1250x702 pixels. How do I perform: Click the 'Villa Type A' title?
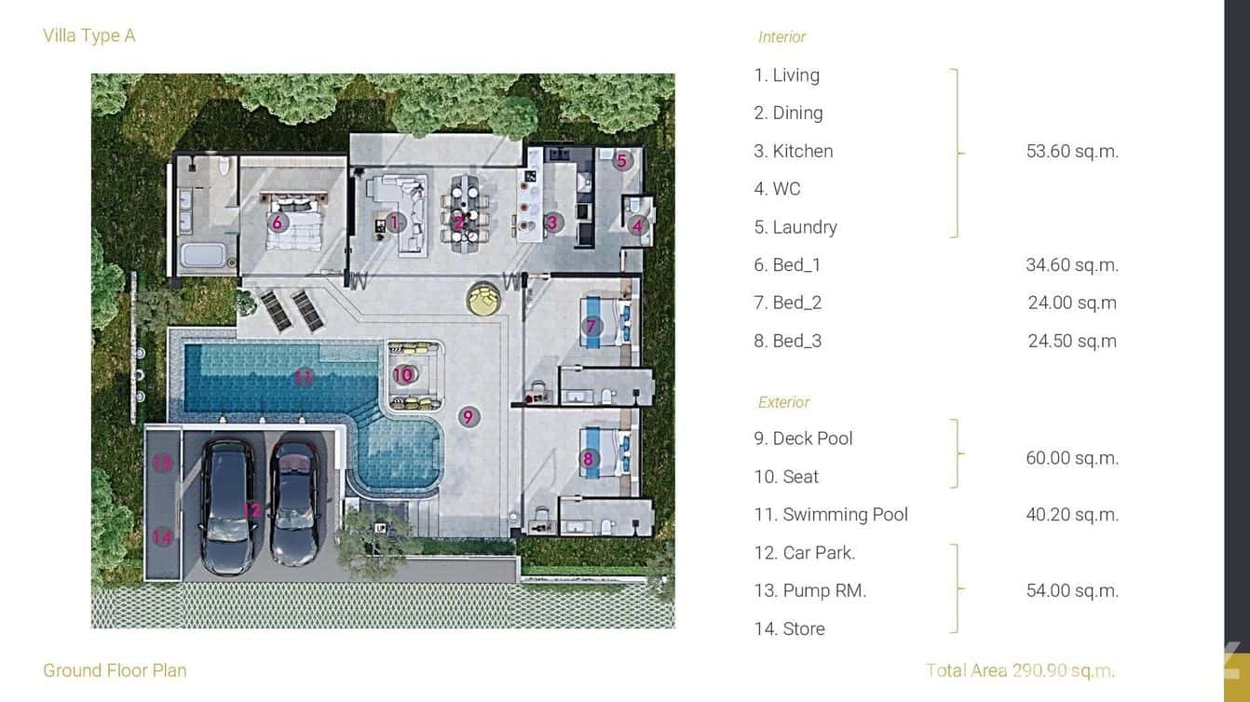pos(89,35)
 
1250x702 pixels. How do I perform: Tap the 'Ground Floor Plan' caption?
pos(115,670)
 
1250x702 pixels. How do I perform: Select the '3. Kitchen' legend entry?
pos(793,151)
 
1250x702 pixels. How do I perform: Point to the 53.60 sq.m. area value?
pos(1072,151)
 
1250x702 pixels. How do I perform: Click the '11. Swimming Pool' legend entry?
pos(830,514)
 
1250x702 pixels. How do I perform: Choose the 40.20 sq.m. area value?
pos(1072,514)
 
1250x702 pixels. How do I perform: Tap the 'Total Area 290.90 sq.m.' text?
pos(1020,670)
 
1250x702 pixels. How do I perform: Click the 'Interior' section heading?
pos(781,37)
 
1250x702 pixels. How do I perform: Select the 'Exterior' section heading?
pos(783,402)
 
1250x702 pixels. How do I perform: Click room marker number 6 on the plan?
pos(277,223)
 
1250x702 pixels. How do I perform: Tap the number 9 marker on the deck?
pos(469,416)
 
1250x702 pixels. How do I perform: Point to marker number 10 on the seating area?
pos(402,374)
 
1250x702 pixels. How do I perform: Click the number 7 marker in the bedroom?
pos(591,326)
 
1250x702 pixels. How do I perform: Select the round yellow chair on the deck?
pos(483,298)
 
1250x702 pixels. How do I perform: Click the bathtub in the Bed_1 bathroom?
pos(202,255)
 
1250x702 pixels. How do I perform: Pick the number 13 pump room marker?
pos(162,462)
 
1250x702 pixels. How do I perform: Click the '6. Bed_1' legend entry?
pos(787,264)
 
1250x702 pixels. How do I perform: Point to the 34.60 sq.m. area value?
pos(1072,264)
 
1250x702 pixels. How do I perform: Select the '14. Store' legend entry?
pos(789,628)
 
